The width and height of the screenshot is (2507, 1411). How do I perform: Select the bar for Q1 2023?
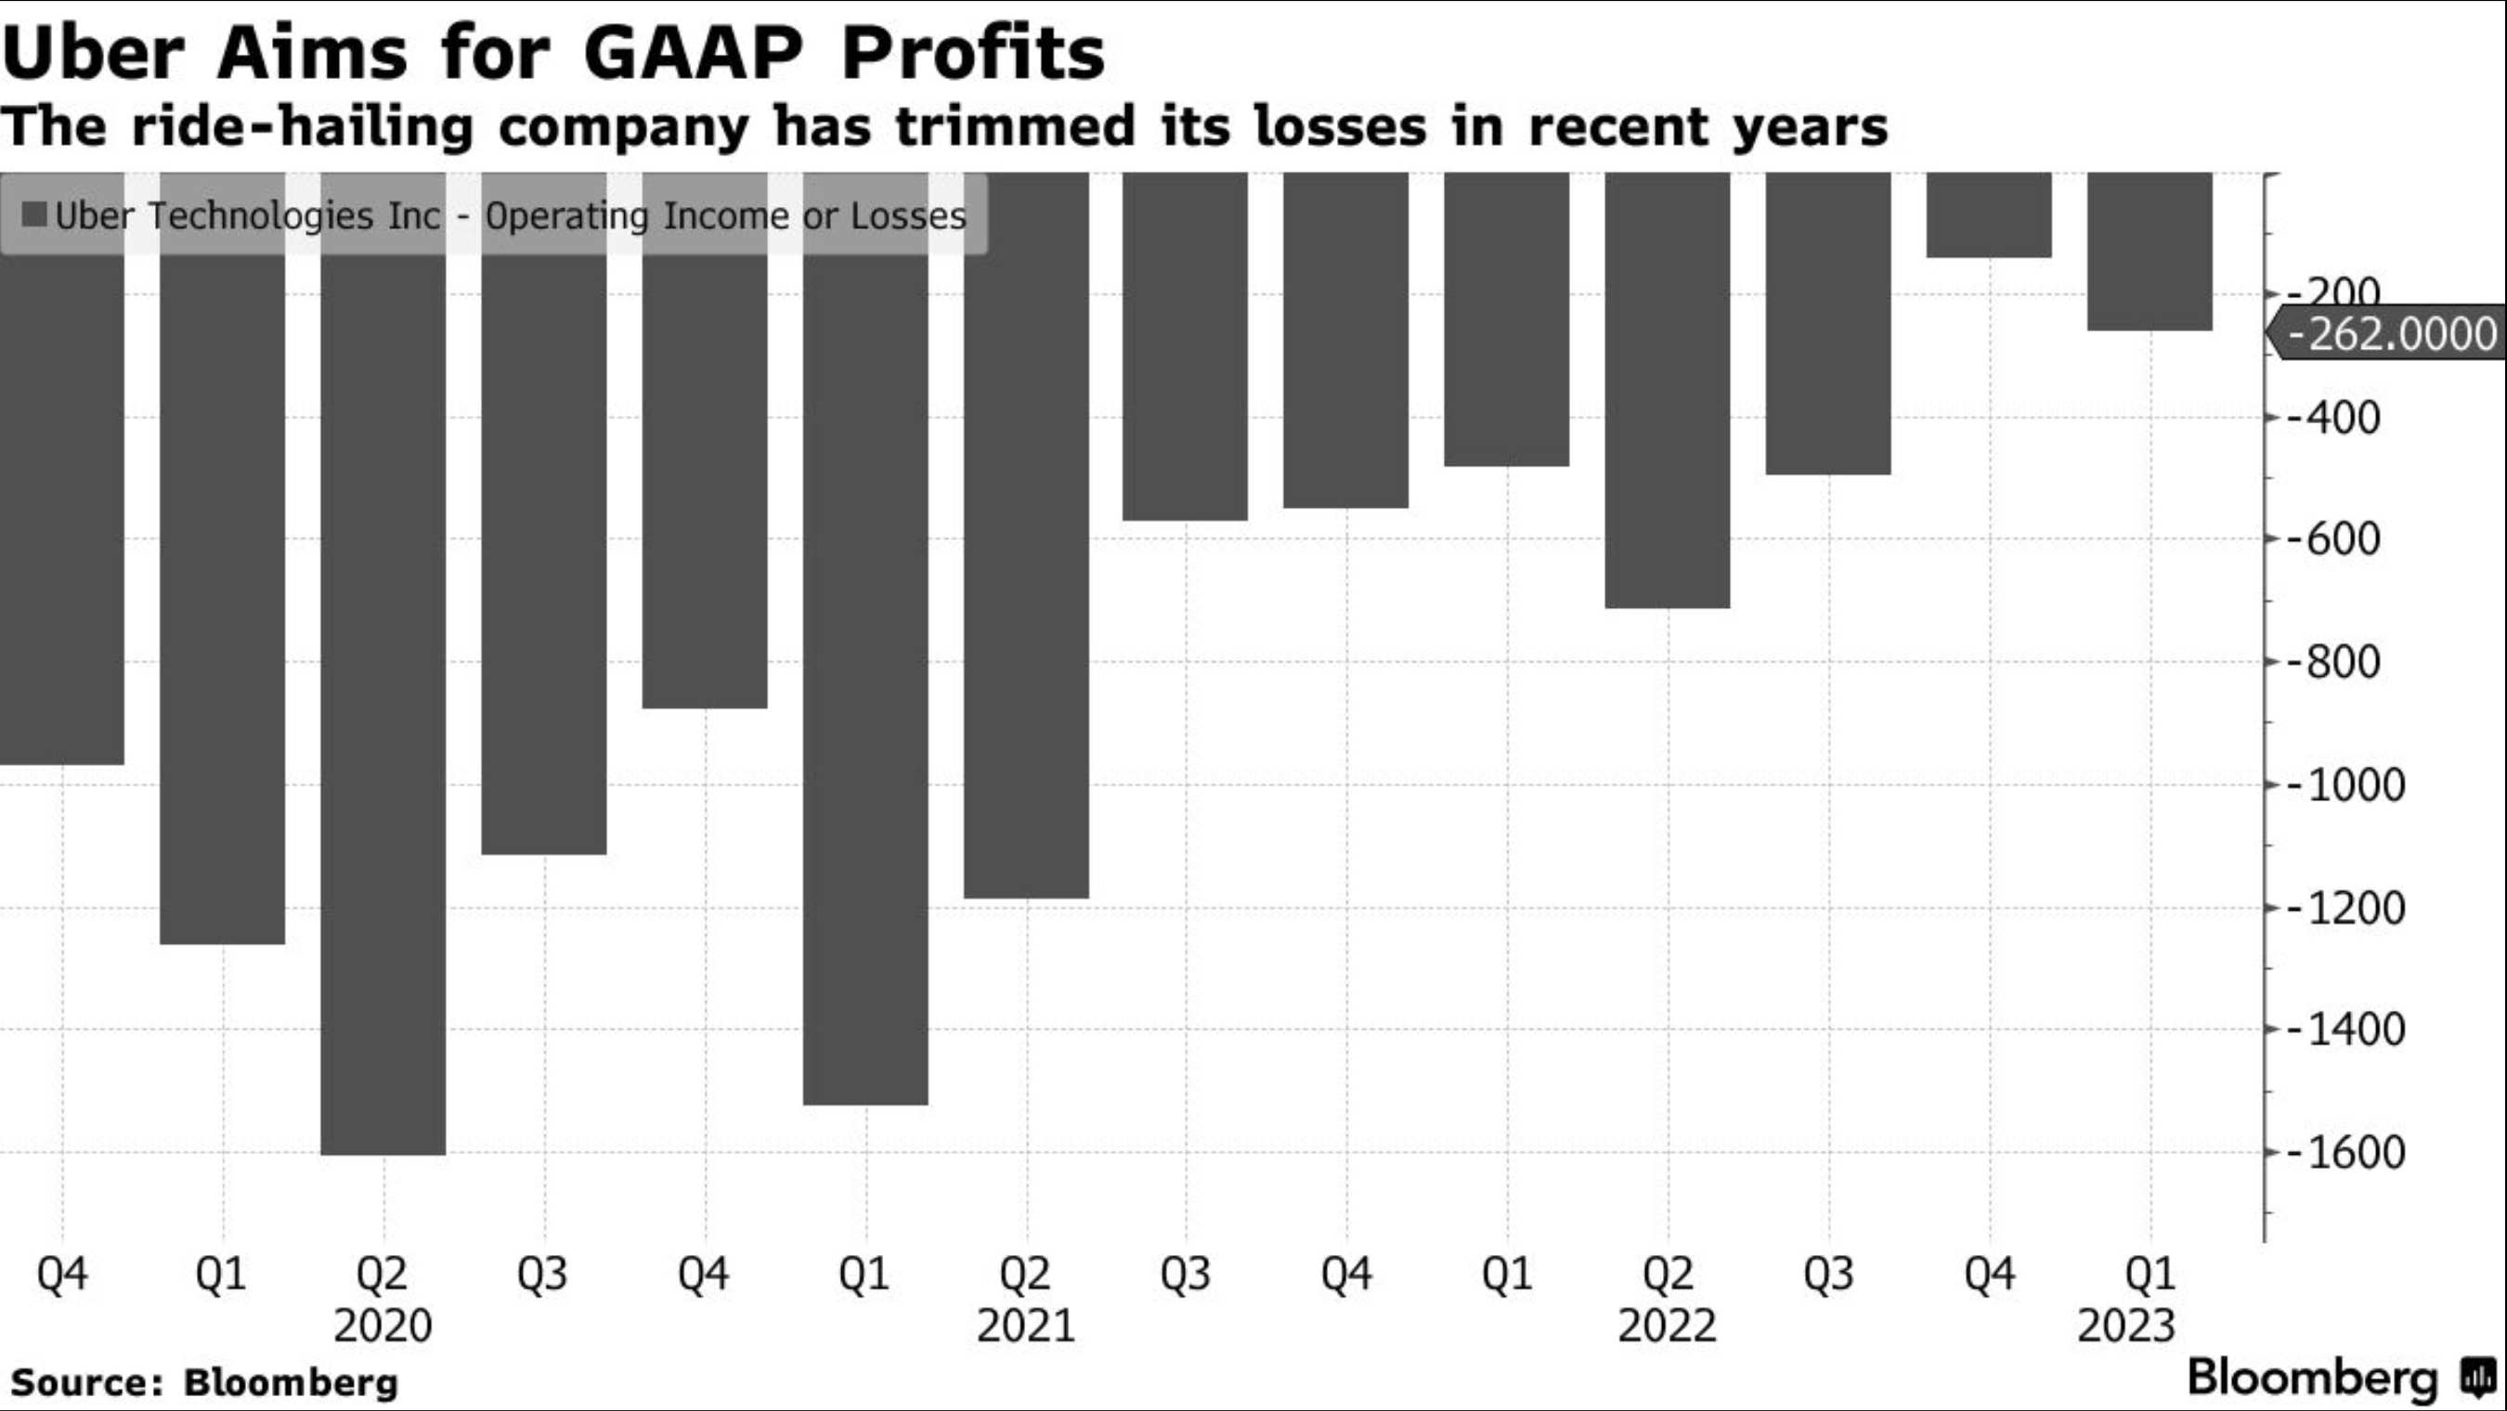[2149, 253]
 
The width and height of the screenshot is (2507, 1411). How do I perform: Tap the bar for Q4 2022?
[1988, 216]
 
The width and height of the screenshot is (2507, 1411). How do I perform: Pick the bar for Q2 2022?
[1667, 389]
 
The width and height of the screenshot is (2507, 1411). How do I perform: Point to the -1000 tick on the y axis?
[2345, 785]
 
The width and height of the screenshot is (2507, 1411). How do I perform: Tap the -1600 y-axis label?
[2345, 1153]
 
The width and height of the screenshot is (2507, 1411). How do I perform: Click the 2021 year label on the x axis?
[1026, 1327]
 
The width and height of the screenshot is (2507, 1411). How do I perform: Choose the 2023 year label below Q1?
[2125, 1327]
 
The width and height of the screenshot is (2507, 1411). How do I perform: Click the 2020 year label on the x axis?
[383, 1327]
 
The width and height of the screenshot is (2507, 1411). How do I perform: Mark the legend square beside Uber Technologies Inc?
[34, 215]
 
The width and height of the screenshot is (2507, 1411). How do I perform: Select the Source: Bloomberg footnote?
[204, 1382]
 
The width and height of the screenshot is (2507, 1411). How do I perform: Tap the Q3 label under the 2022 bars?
[1827, 1274]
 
